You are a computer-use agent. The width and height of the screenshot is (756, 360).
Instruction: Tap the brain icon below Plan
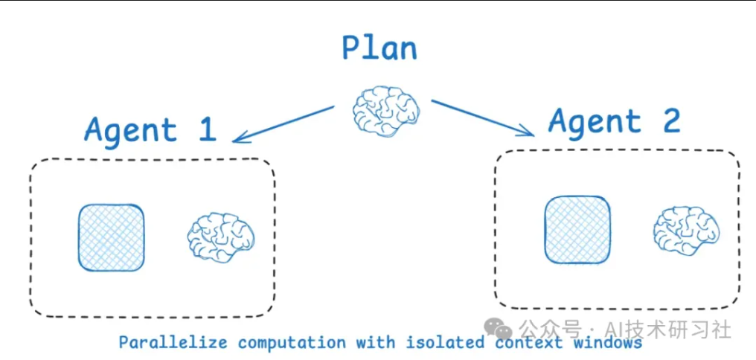[x=386, y=109]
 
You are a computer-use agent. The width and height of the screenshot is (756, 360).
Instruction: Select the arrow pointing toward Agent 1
[x=283, y=123]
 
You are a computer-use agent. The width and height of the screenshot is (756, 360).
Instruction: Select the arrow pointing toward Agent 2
[x=482, y=118]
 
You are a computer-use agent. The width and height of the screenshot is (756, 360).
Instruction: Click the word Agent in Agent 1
[x=130, y=130]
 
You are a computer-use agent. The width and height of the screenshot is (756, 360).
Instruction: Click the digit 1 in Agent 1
[x=206, y=129]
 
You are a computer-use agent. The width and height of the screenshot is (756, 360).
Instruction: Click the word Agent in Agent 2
[x=595, y=122]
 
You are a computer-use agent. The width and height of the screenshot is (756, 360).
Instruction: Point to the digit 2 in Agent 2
[x=671, y=120]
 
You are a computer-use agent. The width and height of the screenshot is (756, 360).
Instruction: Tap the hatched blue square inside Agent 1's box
[x=112, y=237]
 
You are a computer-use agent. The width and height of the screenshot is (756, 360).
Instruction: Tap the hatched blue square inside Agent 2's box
[x=577, y=229]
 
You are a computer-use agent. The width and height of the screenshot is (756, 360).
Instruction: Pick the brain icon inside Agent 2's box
[x=686, y=229]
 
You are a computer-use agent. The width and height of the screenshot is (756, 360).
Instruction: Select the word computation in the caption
[x=292, y=344]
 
